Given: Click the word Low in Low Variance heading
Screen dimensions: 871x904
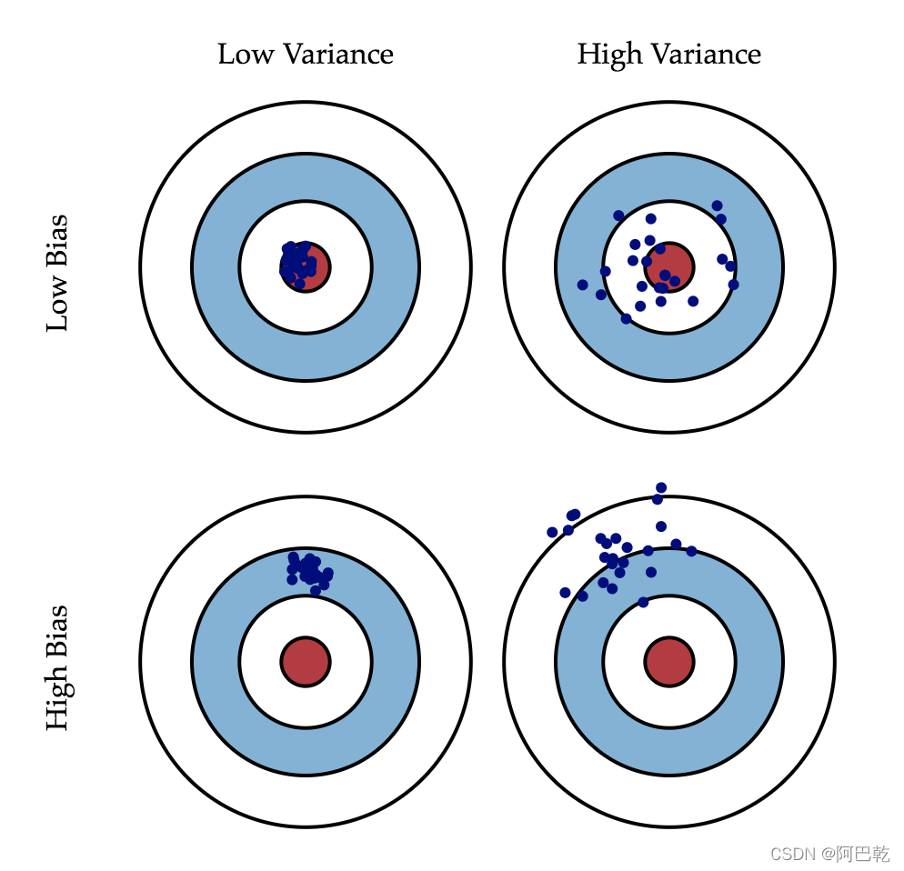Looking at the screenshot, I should [245, 55].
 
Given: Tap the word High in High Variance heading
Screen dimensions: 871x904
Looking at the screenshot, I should [608, 55].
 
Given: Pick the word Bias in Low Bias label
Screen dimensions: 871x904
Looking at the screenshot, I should [57, 240].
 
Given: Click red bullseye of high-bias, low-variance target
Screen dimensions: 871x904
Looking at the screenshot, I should [306, 661].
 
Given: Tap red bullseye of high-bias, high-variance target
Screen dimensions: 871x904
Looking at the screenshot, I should [669, 661].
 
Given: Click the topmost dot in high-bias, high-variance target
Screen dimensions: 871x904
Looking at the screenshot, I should [661, 487].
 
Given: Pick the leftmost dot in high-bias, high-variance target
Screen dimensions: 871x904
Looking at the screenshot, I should [552, 532].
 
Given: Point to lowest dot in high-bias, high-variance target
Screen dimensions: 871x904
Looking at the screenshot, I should [643, 602].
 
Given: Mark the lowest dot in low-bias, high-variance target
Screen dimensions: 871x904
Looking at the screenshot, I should [626, 318].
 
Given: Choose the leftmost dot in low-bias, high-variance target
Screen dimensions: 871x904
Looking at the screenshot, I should [582, 285].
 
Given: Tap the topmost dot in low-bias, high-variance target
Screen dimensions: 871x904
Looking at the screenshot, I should [717, 205].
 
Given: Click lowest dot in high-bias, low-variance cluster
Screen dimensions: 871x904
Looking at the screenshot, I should [316, 590].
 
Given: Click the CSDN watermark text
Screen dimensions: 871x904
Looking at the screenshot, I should [790, 854].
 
